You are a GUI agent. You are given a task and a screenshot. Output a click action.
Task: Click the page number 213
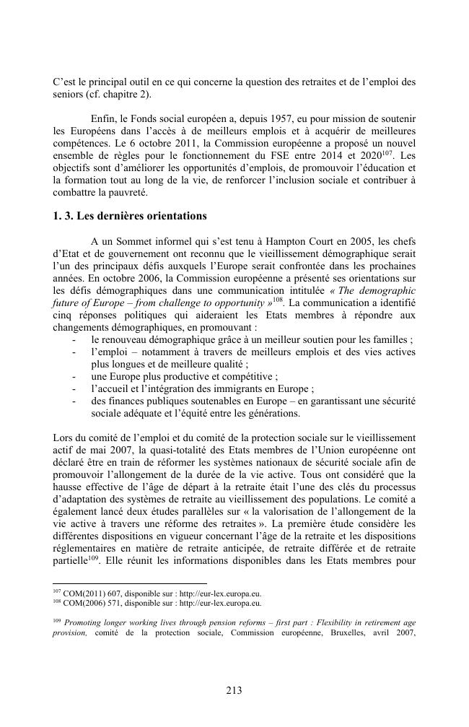coord(234,690)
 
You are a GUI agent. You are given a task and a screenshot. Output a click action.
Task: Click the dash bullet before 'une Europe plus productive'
coord(75,375)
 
